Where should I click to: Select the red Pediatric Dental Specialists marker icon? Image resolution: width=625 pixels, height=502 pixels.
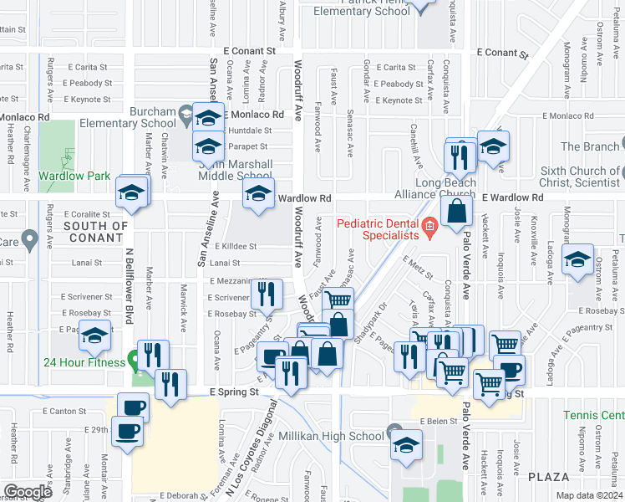(x=429, y=226)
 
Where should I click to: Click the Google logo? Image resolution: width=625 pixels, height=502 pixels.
(x=28, y=492)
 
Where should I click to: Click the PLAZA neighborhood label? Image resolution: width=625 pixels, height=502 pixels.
(x=548, y=476)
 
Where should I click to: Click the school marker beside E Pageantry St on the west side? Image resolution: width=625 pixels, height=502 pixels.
(x=94, y=336)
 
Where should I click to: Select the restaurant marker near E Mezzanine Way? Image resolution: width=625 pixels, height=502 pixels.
(x=266, y=293)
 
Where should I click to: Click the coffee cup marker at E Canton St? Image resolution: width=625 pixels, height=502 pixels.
(x=133, y=407)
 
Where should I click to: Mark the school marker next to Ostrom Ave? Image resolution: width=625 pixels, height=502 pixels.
(x=577, y=259)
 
